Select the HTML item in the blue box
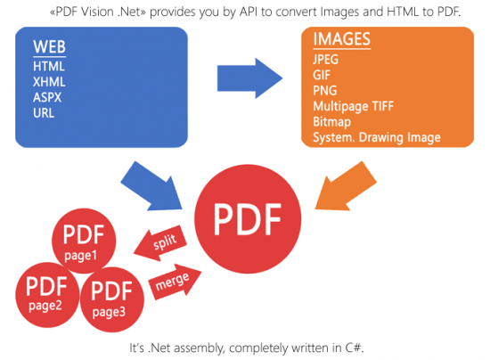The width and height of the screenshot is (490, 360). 48,67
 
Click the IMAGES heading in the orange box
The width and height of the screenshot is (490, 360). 342,40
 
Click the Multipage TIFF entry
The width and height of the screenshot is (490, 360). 354,106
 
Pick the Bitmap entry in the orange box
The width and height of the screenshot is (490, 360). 331,121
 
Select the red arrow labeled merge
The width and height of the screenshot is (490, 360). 174,282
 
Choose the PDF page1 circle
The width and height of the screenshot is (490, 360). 84,241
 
